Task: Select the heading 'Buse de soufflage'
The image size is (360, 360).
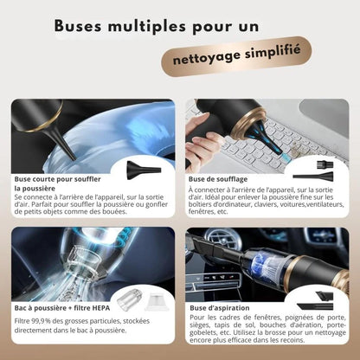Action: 217,180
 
